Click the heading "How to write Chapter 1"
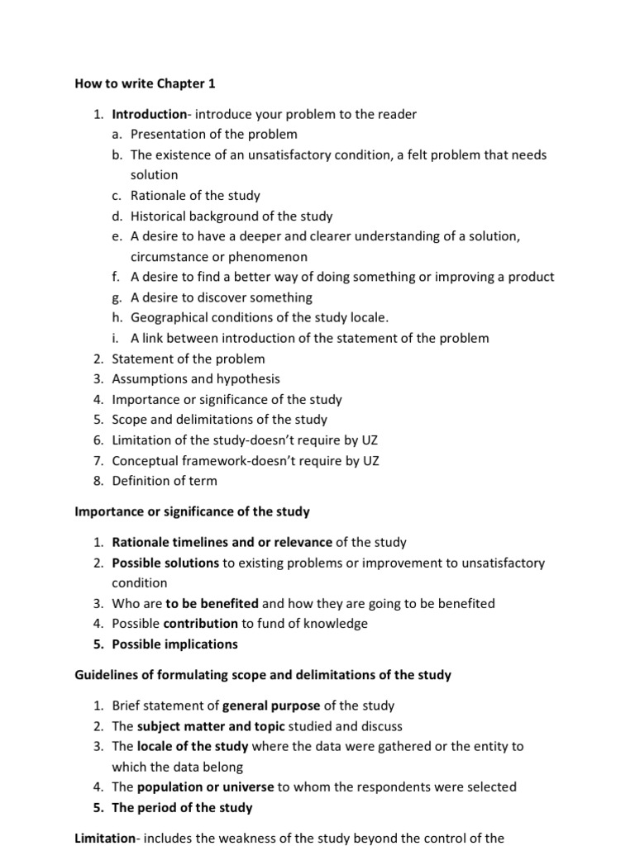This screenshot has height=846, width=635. click(x=145, y=83)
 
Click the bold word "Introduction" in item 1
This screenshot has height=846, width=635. click(x=150, y=114)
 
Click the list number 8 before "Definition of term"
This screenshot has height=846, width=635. click(x=97, y=481)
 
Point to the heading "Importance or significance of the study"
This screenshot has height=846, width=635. click(x=192, y=511)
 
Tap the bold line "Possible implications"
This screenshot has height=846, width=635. click(x=174, y=644)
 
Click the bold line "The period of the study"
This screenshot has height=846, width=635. click(x=182, y=807)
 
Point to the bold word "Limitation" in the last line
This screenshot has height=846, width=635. click(x=104, y=838)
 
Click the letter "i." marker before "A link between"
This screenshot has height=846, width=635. click(x=116, y=338)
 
